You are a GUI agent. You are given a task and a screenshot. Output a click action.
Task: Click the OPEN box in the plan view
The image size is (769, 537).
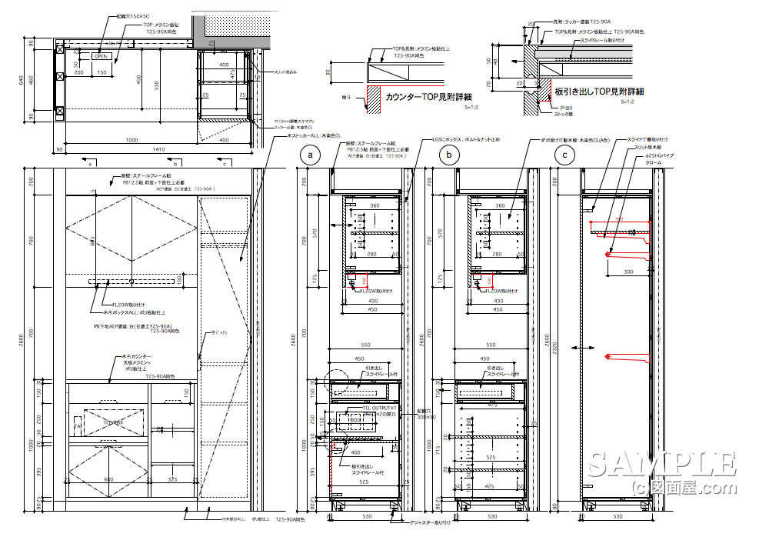(102, 56)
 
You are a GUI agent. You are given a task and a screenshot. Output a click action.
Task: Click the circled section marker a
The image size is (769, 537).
(311, 156)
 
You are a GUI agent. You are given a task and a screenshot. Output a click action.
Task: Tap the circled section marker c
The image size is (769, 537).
(566, 156)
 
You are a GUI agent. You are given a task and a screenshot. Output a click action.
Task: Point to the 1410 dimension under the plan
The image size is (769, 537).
(158, 149)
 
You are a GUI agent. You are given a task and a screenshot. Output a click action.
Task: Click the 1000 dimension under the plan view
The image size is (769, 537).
(131, 139)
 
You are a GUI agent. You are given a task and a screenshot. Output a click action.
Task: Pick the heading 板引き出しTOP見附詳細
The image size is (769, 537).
(600, 92)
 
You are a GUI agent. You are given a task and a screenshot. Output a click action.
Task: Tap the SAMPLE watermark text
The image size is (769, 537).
(661, 465)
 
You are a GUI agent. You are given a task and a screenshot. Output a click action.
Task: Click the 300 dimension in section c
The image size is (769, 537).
(628, 272)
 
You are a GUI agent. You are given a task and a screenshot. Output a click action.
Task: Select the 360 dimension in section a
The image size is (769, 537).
(375, 206)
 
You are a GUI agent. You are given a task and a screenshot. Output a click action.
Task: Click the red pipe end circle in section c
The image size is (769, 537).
(608, 252)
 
